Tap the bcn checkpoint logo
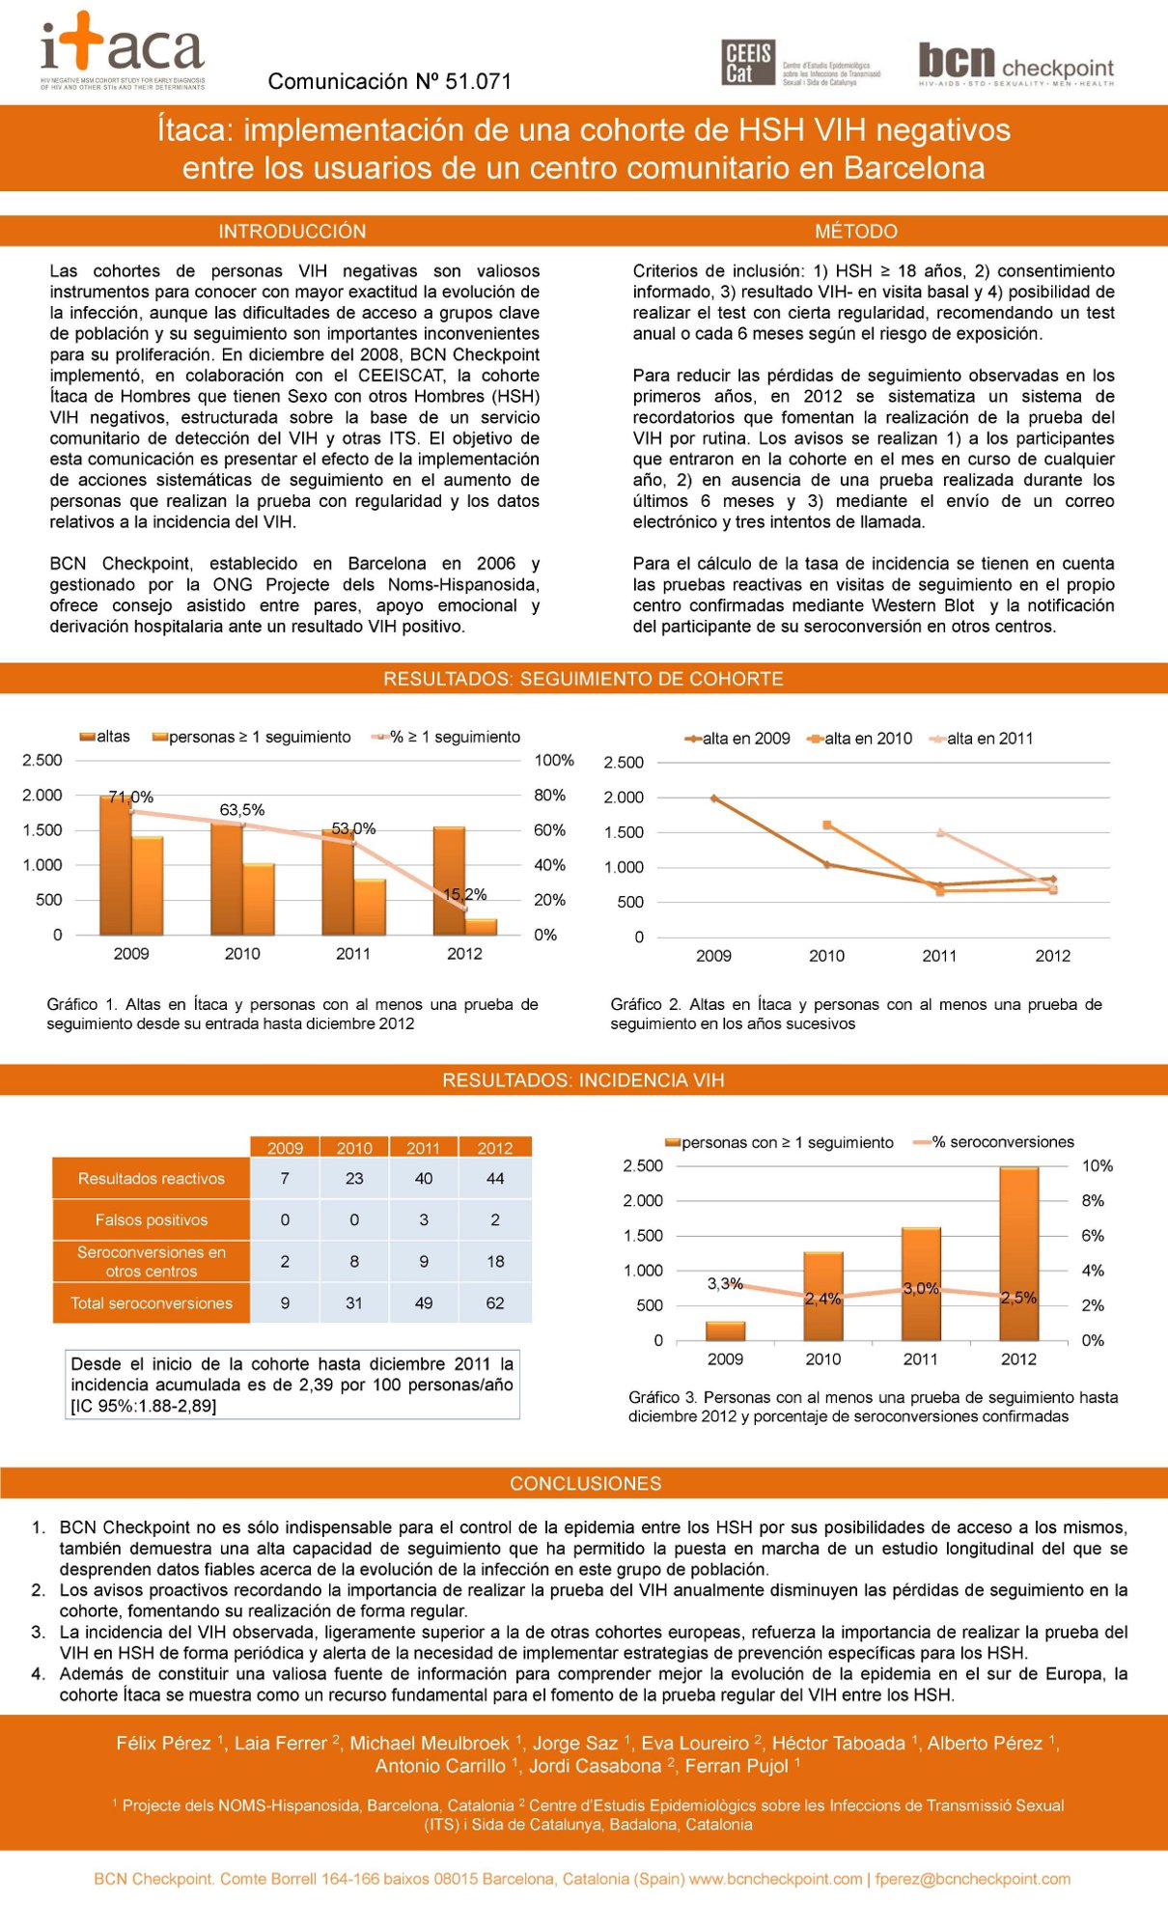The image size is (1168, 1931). pos(1015,65)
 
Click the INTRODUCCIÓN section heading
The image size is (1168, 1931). pos(292,232)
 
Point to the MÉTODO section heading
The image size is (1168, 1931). pos(856,232)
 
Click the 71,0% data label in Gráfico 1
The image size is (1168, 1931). pos(131,798)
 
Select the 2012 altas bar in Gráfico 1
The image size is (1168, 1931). pos(449,880)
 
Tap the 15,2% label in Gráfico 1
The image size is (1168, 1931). pos(464,895)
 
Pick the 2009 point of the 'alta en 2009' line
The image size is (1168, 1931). pos(713,798)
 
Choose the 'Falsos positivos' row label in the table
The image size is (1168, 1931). pos(152,1220)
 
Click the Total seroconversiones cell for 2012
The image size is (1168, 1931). pos(495,1303)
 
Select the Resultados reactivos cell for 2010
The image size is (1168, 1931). pos(354,1179)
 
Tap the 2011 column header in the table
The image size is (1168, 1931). pos(423,1148)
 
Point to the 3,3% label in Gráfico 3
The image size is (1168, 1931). pos(725,1283)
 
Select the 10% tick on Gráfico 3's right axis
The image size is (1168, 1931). pos(1097,1166)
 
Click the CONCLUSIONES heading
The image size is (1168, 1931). pos(585,1483)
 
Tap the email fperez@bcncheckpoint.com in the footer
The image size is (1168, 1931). pos(973,1879)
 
